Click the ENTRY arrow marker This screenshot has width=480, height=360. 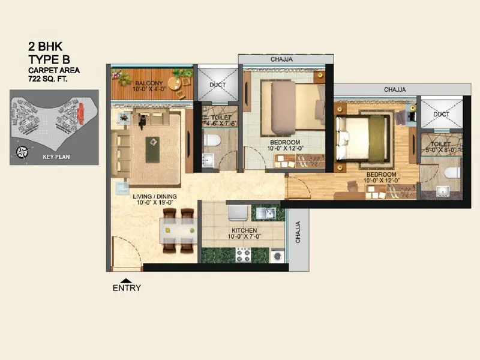coord(125,280)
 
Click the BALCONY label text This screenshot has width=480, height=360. coord(147,83)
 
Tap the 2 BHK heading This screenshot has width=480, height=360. coord(46,46)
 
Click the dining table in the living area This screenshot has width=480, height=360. coord(177,231)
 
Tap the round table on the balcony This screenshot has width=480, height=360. coord(175,83)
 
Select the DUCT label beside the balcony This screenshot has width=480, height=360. coord(217,85)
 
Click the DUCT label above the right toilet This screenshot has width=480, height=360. coord(441,114)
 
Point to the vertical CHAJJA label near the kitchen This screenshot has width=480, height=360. coord(298,232)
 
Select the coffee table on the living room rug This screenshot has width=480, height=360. coord(154,142)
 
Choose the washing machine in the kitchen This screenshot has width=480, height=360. coord(277,256)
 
